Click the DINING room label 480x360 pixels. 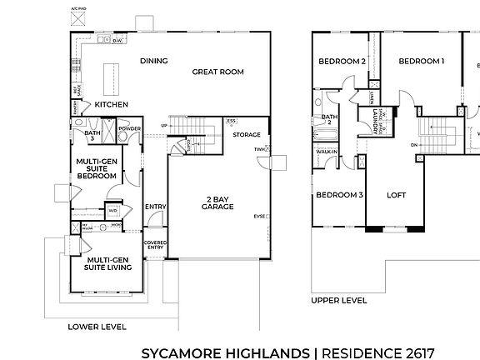(153, 61)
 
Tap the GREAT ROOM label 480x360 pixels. (217, 72)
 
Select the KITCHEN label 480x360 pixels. (111, 105)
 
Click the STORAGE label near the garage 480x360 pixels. (247, 134)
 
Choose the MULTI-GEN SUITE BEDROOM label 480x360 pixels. (95, 168)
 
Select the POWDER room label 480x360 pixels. (129, 129)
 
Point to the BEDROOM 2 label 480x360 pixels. (342, 62)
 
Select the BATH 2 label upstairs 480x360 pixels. (329, 119)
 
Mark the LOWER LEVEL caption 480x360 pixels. (96, 327)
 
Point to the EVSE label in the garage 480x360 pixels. (259, 217)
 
